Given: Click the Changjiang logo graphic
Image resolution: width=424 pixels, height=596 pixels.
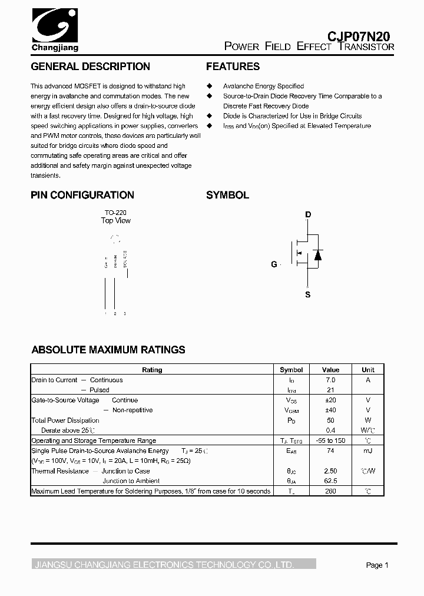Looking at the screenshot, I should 54,27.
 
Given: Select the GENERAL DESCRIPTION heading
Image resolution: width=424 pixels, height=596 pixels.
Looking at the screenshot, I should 90,67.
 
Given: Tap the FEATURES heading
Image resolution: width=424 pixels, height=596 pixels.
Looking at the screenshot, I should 233,67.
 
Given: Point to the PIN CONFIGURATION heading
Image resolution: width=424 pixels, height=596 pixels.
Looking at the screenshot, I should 82,195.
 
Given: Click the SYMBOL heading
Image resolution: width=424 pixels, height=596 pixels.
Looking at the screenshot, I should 227,195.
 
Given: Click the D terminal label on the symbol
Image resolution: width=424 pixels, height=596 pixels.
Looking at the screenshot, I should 308,215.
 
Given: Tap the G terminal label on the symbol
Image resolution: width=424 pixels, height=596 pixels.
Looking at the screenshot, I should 274,264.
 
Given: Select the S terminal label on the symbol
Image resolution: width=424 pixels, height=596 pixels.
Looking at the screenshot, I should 307,294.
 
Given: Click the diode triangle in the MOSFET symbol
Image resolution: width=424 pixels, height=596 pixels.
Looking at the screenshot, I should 317,254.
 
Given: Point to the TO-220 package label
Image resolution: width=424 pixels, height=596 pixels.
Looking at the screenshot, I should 115,213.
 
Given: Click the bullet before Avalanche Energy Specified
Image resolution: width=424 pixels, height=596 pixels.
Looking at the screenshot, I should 209,86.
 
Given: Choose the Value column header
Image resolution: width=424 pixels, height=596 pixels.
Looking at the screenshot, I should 330,370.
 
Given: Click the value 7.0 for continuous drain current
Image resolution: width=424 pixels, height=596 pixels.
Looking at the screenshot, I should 330,380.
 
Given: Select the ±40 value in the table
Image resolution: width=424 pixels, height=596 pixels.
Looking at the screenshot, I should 330,410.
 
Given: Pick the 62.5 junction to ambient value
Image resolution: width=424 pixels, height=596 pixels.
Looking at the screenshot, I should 330,481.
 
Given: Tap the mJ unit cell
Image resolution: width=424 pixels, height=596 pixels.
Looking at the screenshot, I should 367,451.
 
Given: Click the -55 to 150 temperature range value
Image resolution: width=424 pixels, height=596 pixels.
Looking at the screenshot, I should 330,441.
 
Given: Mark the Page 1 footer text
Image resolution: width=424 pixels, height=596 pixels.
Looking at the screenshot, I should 377,565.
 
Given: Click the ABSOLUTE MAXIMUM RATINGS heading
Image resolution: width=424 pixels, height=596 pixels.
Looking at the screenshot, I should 108,350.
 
